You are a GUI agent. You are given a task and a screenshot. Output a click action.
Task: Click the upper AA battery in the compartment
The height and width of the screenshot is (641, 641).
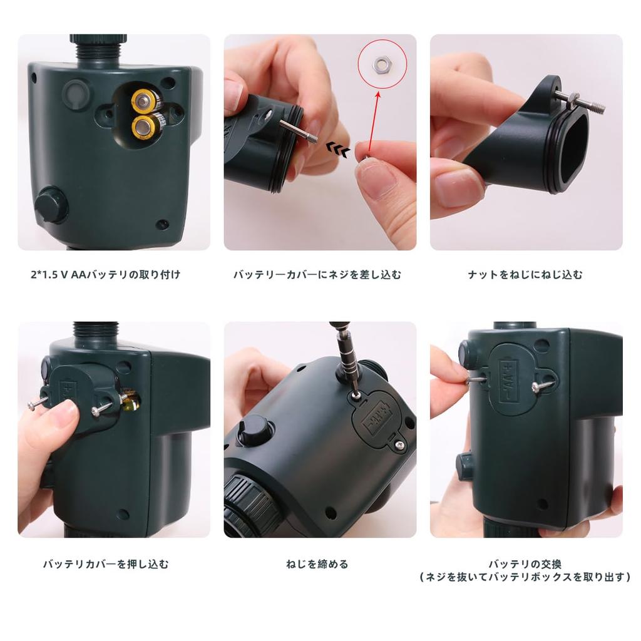point(143,101)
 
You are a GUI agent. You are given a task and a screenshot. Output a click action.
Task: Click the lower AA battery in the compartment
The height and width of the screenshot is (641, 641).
point(143,128)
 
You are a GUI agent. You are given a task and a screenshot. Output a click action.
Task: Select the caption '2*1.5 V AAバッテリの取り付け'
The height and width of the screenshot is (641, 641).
point(105,274)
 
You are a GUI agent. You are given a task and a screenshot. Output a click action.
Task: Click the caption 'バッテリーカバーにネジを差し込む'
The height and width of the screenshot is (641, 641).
point(317,274)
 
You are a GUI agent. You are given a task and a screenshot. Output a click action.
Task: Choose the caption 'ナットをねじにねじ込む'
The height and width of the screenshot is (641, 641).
point(525,274)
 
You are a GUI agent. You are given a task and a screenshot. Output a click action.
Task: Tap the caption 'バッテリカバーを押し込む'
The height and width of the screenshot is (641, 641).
point(106,564)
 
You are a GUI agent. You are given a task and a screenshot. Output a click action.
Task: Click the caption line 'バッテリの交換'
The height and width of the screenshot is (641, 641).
point(525,564)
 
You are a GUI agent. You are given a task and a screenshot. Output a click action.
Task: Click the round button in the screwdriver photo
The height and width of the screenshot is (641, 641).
point(255,430)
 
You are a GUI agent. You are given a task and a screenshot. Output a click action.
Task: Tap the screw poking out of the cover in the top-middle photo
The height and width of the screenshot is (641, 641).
point(299,131)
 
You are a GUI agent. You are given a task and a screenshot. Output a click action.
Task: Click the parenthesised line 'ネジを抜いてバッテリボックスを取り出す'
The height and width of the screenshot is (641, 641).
point(525,578)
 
